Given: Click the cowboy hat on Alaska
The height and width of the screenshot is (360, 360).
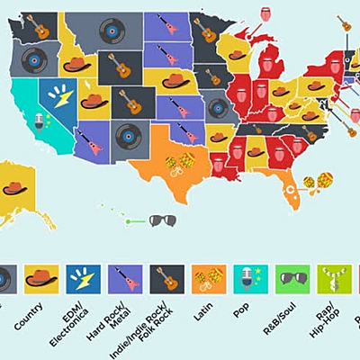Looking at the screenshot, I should coord(15,188).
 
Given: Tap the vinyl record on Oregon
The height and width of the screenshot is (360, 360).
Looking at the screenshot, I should coord(32,61).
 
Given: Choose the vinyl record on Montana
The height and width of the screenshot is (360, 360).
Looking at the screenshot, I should coord(111,33).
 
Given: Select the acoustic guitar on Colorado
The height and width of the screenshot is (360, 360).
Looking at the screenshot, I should coord(130,103).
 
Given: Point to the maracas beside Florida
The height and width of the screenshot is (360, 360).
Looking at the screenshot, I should coord(318,182).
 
